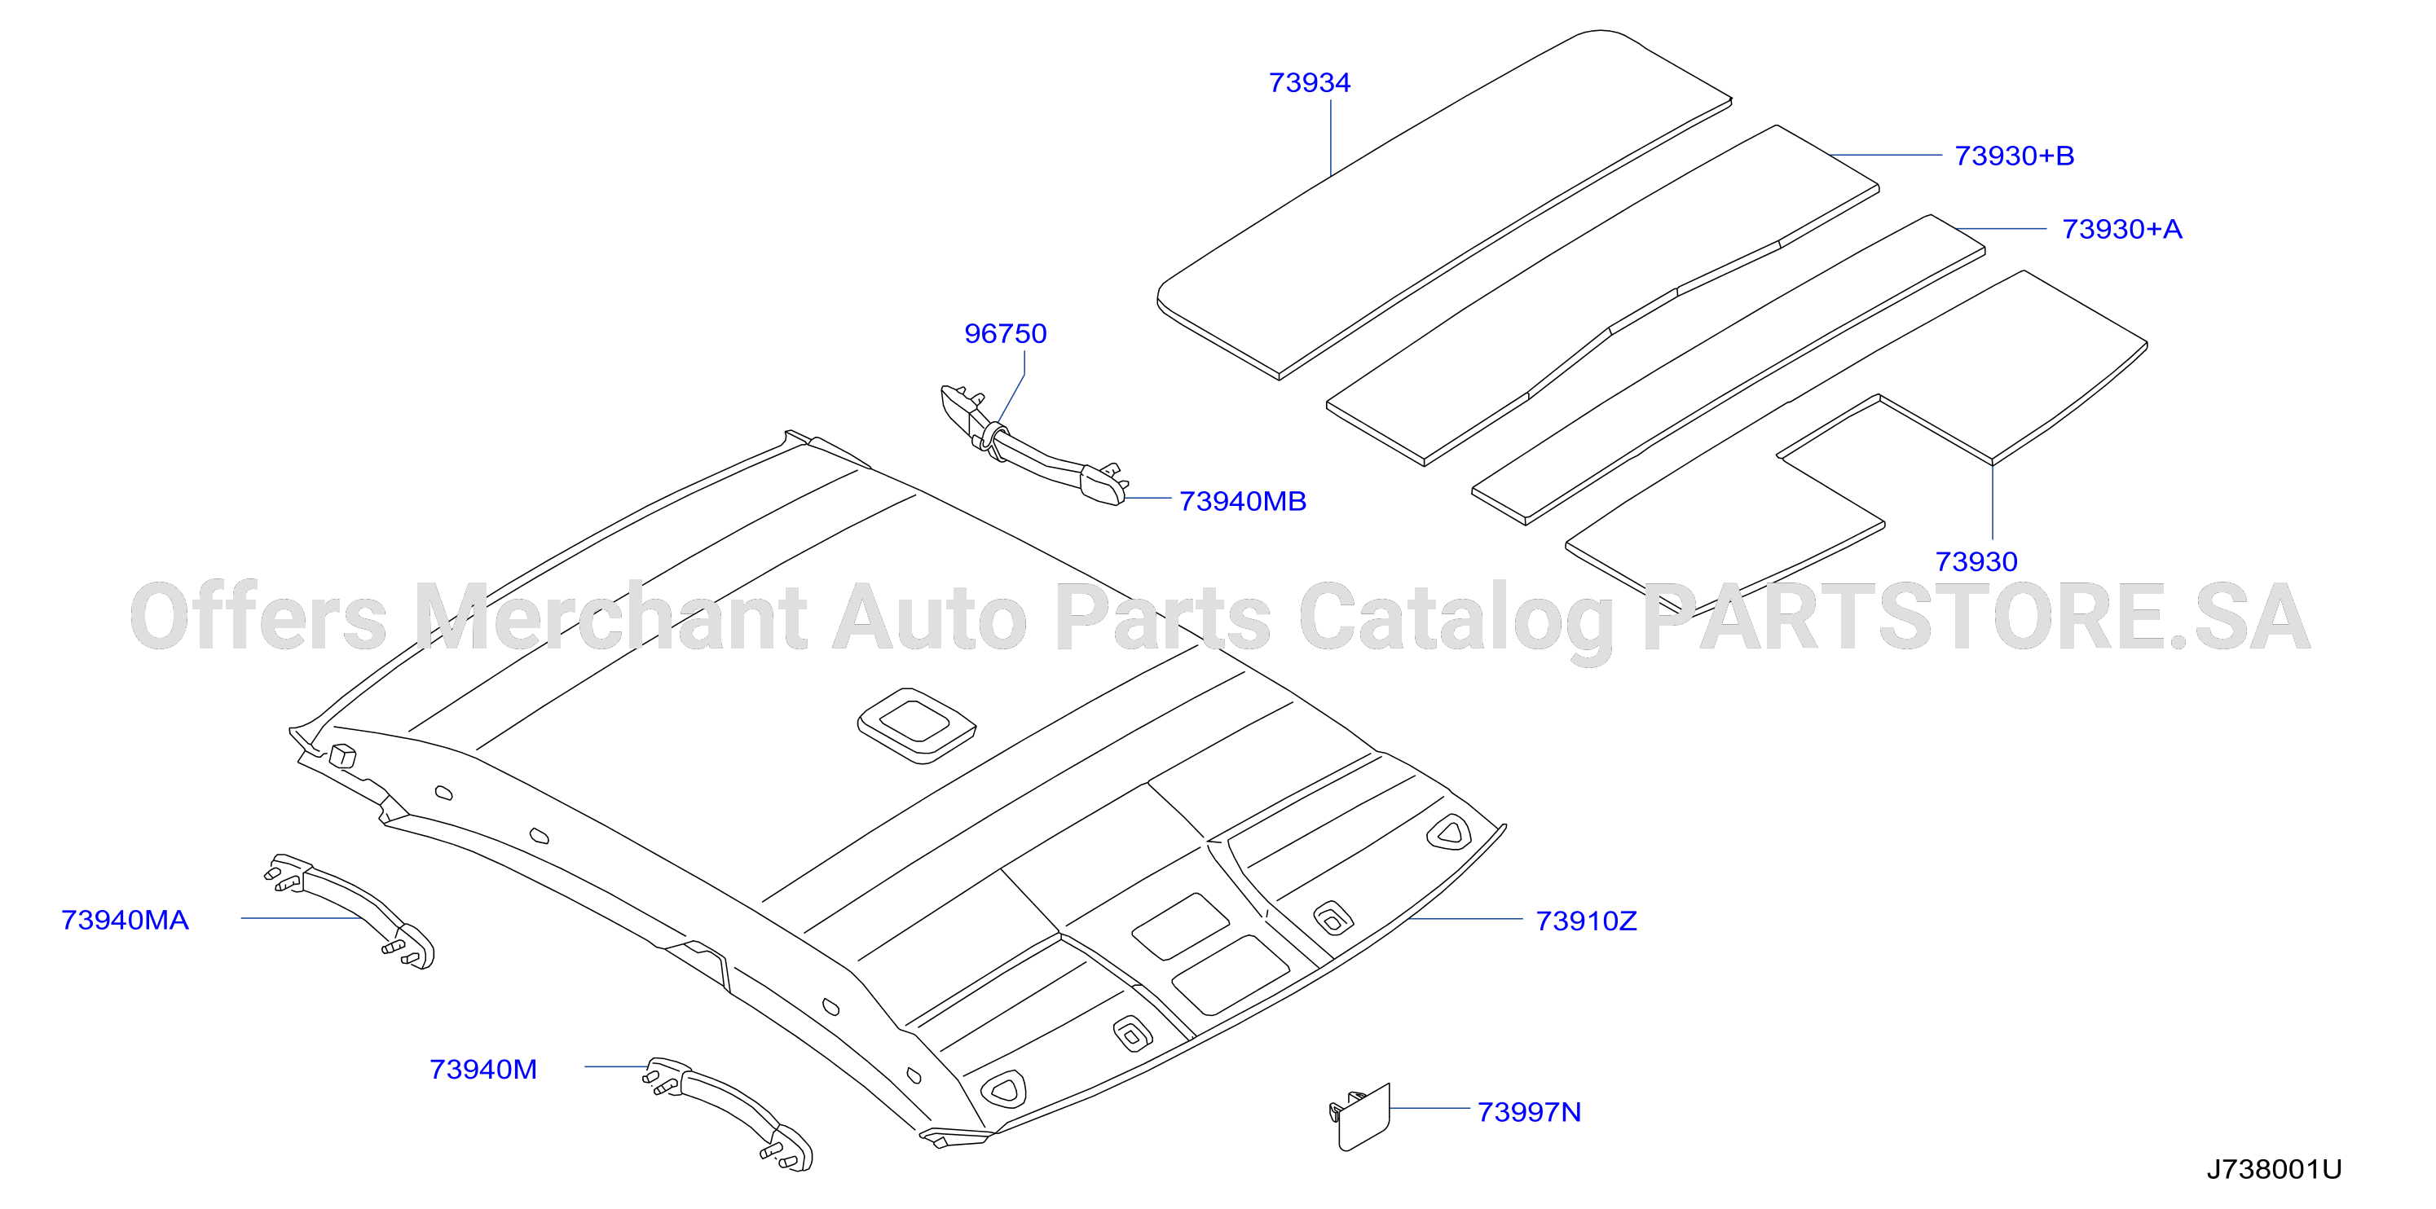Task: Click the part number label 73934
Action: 1310,83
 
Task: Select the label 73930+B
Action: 2014,156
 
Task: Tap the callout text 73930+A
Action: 2122,230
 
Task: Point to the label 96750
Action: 1005,334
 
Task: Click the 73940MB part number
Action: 1243,501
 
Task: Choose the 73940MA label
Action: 125,920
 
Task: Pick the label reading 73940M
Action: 483,1069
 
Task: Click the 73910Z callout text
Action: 1586,921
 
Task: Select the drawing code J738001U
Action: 2275,1169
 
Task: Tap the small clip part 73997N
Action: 1361,1117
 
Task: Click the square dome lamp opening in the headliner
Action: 915,725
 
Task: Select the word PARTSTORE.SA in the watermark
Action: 1976,618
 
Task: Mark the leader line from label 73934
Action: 1331,138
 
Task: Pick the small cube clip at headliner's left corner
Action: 341,755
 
